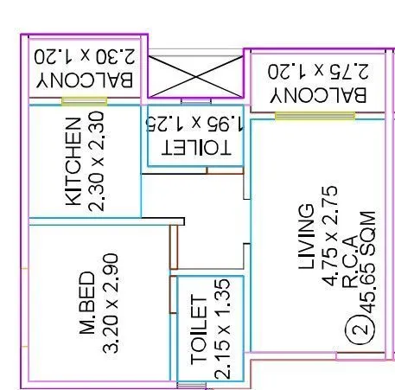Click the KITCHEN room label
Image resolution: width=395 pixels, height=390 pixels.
click(73, 162)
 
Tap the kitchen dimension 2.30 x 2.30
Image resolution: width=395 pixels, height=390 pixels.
click(96, 162)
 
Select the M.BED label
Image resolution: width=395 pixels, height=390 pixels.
click(86, 303)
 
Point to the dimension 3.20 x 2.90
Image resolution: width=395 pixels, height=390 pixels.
click(111, 303)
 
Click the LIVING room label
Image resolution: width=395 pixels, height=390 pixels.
click(306, 236)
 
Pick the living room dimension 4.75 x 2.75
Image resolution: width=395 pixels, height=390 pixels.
click(329, 236)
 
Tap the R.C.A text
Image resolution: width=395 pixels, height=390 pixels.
click(351, 262)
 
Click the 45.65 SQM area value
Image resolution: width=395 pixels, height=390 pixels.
click(368, 262)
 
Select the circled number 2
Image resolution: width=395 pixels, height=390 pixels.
click(360, 329)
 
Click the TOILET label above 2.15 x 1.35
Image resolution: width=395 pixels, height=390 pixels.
click(199, 329)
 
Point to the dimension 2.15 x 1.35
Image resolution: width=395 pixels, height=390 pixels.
click(222, 329)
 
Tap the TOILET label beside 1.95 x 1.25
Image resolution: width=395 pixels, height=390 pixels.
click(196, 148)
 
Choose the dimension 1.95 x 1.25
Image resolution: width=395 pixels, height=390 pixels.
click(194, 124)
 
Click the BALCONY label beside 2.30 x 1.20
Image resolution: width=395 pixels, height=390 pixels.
click(85, 80)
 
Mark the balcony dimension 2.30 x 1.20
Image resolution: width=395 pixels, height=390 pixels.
click(85, 56)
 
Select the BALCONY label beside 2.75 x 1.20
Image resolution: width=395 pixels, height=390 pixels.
click(318, 95)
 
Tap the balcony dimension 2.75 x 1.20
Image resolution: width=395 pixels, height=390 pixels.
click(318, 71)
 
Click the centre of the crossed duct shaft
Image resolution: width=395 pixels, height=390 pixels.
click(195, 77)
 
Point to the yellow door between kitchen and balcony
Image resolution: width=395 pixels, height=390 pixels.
click(85, 101)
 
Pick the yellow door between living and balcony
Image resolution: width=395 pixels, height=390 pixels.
click(315, 116)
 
